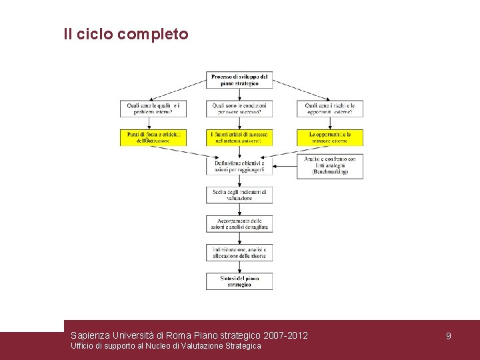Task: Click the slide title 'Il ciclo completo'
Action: tap(126, 34)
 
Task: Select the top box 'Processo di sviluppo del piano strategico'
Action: tap(239, 80)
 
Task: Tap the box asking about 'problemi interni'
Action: tap(153, 109)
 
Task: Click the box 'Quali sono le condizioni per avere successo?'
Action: tap(239, 109)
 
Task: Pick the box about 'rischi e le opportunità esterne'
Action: tap(330, 109)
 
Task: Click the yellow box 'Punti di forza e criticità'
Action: tap(153, 137)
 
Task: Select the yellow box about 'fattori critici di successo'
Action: tap(239, 137)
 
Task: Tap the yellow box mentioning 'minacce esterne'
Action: tap(330, 137)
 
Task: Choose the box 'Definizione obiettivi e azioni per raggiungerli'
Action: tap(239, 166)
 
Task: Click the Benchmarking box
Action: tap(330, 166)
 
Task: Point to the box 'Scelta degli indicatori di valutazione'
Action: tap(239, 195)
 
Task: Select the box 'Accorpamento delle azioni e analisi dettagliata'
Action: tap(239, 224)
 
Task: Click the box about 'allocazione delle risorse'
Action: tap(239, 252)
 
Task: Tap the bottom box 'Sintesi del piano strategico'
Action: tap(239, 281)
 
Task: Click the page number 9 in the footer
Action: tap(449, 336)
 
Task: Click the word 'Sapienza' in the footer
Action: tap(91, 335)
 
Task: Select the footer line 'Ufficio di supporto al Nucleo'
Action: tap(165, 346)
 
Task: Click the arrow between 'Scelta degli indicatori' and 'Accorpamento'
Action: tap(239, 209)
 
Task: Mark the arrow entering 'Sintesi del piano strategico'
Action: tap(239, 267)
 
